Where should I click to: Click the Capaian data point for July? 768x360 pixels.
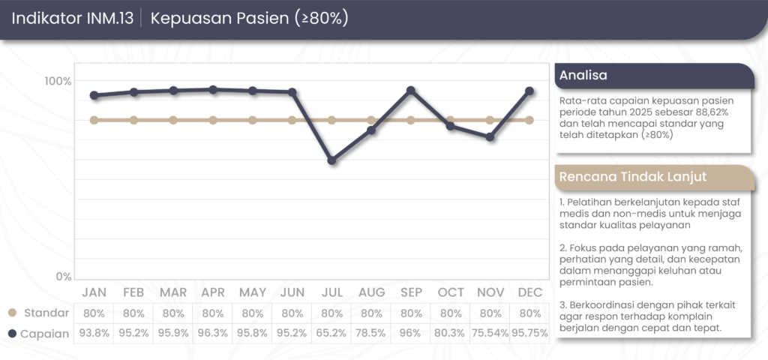coord(331,160)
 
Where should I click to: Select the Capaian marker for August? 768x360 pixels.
coord(371,130)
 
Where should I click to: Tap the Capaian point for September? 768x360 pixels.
coord(411,91)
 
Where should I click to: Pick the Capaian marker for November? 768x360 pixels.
coord(490,137)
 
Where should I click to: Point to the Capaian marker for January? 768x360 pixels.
coord(94,95)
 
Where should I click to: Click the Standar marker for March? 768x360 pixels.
coord(173,120)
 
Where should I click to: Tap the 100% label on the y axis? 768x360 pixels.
coord(58,81)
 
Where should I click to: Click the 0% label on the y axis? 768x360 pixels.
coord(63,277)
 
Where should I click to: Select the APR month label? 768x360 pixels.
coord(213,292)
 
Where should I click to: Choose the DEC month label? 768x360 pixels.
coord(529,292)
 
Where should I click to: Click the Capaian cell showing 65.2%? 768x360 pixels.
coord(331,334)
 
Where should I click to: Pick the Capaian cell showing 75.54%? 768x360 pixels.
coord(490,334)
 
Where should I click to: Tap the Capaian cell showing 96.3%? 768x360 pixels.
coord(213,334)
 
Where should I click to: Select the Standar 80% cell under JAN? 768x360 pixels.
coord(94,313)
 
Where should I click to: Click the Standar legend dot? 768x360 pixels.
coord(12,313)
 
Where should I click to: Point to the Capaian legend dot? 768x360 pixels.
coord(12,334)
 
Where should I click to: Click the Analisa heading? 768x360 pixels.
coord(583,75)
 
